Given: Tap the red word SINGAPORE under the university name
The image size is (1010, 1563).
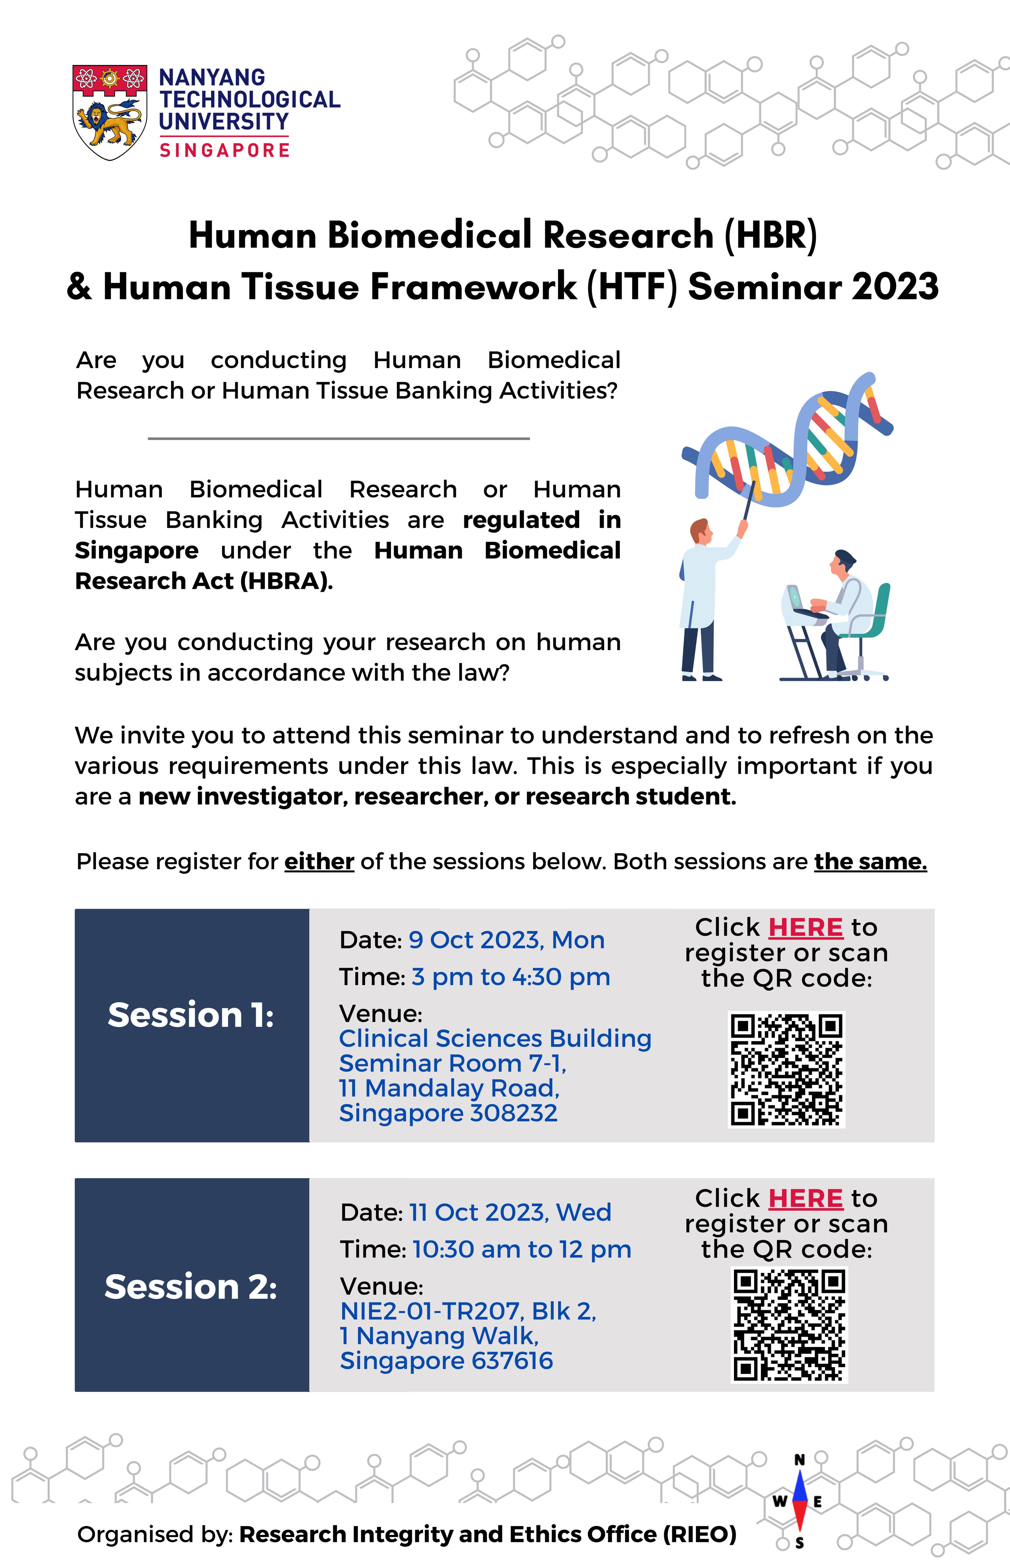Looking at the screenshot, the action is (224, 150).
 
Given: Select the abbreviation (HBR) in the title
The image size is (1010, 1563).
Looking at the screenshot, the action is (771, 235).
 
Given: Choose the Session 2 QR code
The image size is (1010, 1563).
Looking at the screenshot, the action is (789, 1325).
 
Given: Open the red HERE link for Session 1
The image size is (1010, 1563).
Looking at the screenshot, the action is (805, 927).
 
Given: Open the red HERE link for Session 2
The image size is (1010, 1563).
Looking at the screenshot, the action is (805, 1198).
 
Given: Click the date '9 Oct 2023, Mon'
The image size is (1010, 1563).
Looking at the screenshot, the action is (506, 940).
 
